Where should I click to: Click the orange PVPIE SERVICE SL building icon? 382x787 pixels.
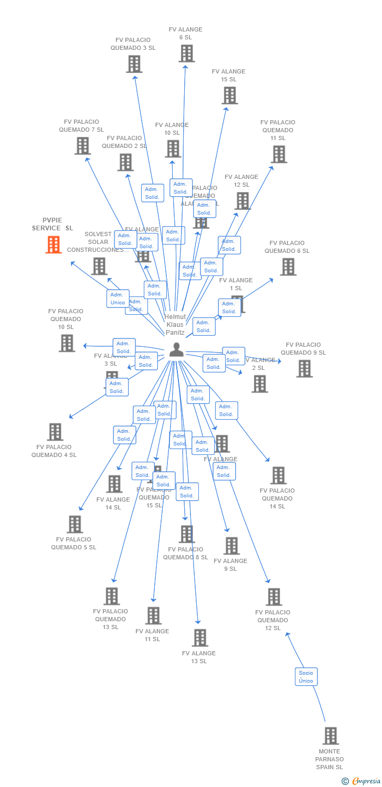[x=54, y=244]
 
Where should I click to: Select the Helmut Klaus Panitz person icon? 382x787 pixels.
[x=176, y=349]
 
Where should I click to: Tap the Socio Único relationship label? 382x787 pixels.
[x=305, y=677]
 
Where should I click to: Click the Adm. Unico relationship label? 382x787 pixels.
[x=118, y=299]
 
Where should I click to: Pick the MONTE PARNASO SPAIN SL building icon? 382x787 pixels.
[x=330, y=736]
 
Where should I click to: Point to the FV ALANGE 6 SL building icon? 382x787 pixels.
[x=186, y=53]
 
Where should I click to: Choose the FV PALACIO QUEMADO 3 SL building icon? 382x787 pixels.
[x=134, y=64]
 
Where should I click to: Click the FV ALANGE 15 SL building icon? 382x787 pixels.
[x=230, y=95]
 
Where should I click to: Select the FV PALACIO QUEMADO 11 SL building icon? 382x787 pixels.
[x=279, y=154]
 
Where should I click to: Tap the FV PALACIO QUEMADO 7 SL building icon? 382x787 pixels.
[x=82, y=146]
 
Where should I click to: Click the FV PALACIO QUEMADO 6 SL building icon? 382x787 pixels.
[x=288, y=267]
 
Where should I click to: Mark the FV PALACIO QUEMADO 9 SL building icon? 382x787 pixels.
[x=304, y=368]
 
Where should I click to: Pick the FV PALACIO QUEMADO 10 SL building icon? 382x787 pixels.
[x=67, y=343]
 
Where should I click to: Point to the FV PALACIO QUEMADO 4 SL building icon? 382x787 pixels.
[x=55, y=432]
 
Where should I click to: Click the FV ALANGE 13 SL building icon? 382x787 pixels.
[x=200, y=637]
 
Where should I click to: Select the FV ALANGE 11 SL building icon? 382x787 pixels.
[x=153, y=615]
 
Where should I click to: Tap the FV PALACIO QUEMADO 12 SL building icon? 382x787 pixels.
[x=274, y=597]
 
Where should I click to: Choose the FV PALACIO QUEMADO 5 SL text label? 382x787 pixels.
[x=73, y=544]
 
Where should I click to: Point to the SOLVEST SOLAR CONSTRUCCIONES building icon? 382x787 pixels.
[x=99, y=266]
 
